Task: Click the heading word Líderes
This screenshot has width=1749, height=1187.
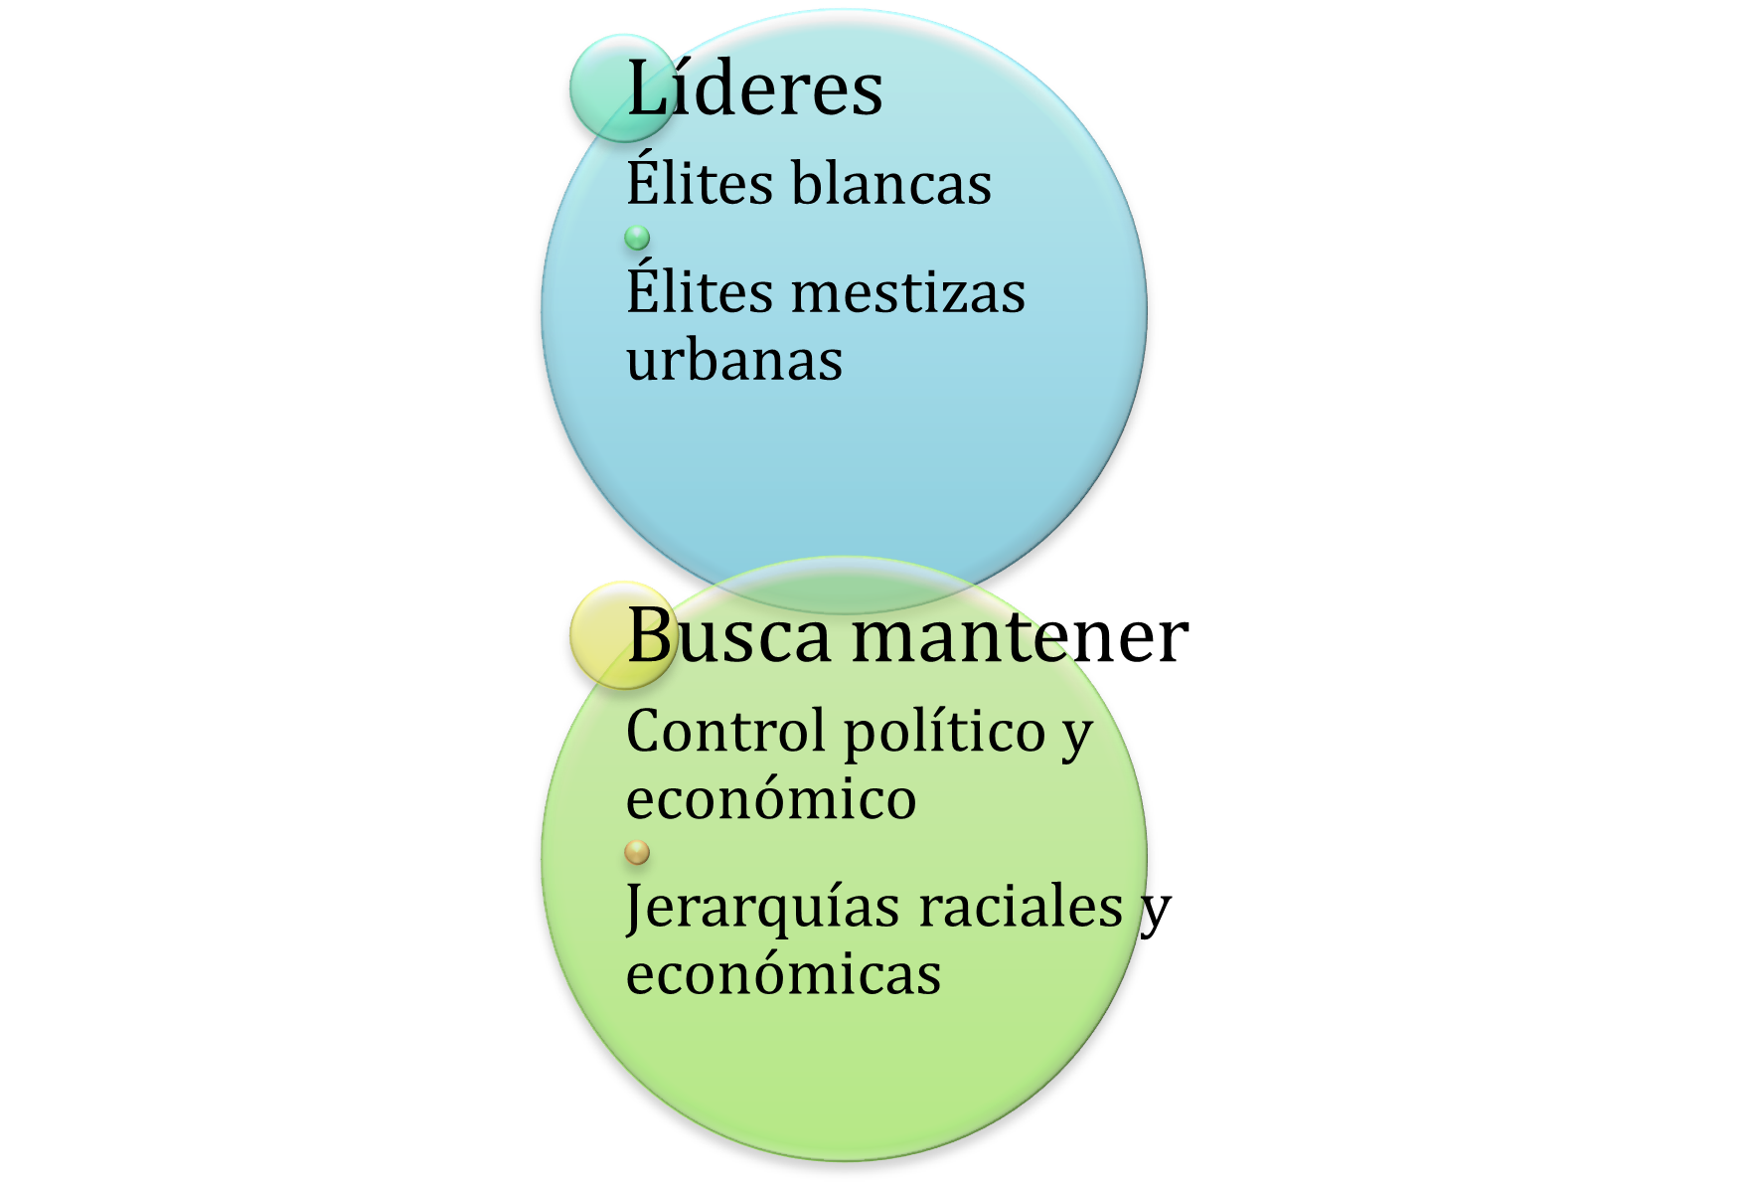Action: pyautogui.click(x=755, y=87)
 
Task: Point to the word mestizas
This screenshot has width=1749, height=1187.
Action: pyautogui.click(x=909, y=292)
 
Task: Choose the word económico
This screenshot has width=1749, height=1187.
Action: pyautogui.click(x=771, y=798)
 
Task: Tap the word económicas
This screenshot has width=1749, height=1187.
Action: pyautogui.click(x=783, y=973)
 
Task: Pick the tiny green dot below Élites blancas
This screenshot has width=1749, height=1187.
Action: pyautogui.click(x=637, y=238)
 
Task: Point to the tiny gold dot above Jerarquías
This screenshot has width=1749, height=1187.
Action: pyautogui.click(x=637, y=852)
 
